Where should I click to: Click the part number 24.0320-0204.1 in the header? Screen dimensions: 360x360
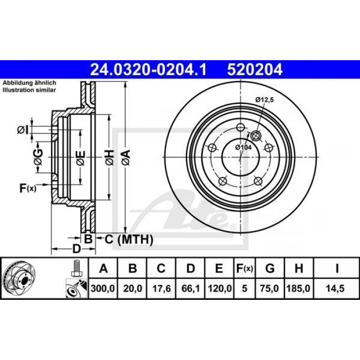pos(148,69)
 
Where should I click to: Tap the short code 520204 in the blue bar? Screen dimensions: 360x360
pos(255,69)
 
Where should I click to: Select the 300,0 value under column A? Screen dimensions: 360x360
pos(103,289)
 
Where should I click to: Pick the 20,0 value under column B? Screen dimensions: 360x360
pos(133,289)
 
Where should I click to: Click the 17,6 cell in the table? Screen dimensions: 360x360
pos(161,289)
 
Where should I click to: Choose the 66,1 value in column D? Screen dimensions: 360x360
pos(190,289)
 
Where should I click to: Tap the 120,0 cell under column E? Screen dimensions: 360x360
pos(220,289)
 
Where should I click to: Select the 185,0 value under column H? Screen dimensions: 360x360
pos(298,289)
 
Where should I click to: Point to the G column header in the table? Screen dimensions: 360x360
pos(270,268)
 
